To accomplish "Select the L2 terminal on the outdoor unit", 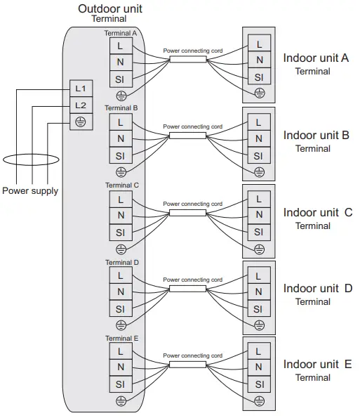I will pyautogui.click(x=81, y=105).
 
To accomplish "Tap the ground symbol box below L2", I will pyautogui.click(x=81, y=121).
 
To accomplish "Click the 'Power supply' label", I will pyautogui.click(x=30, y=190).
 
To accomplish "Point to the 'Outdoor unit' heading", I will pyautogui.click(x=105, y=8).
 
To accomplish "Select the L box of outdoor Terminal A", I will pyautogui.click(x=120, y=44).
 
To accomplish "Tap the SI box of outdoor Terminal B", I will pyautogui.click(x=120, y=156).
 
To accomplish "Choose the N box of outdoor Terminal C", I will pyautogui.click(x=120, y=215).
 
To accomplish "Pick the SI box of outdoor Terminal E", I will pyautogui.click(x=120, y=385).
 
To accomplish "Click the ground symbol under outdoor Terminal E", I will pyautogui.click(x=121, y=401).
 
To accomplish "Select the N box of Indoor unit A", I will pyautogui.click(x=259, y=61).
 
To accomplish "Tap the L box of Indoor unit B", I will pyautogui.click(x=259, y=122).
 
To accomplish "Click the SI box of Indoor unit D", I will pyautogui.click(x=259, y=308).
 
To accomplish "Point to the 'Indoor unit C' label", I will pyautogui.click(x=317, y=212).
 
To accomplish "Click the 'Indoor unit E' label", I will pyautogui.click(x=316, y=364).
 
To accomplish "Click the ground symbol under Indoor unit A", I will pyautogui.click(x=259, y=93).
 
